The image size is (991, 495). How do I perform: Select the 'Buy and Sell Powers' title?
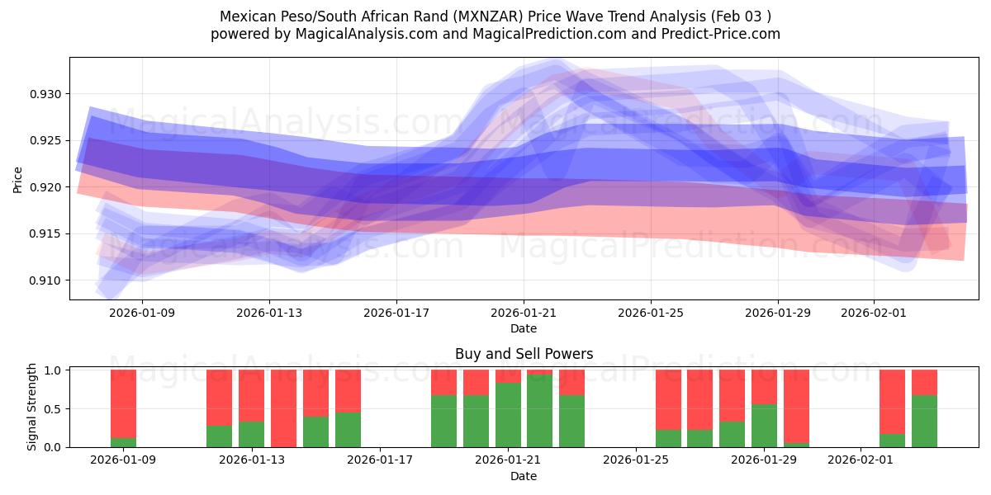pyautogui.click(x=524, y=354)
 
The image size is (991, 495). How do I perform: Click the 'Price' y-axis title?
pyautogui.click(x=17, y=179)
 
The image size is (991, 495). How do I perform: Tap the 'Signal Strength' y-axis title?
pyautogui.click(x=32, y=407)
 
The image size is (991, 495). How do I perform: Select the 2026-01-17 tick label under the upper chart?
pyautogui.click(x=396, y=313)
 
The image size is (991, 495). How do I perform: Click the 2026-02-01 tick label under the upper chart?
pyautogui.click(x=873, y=313)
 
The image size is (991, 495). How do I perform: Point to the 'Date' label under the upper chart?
pyautogui.click(x=524, y=328)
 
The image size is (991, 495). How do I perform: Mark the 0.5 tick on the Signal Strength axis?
pyautogui.click(x=53, y=409)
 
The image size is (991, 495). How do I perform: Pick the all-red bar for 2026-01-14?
pyautogui.click(x=283, y=408)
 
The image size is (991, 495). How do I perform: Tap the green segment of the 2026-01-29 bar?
pyautogui.click(x=764, y=426)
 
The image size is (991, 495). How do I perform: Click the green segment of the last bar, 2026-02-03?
pyautogui.click(x=924, y=422)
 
